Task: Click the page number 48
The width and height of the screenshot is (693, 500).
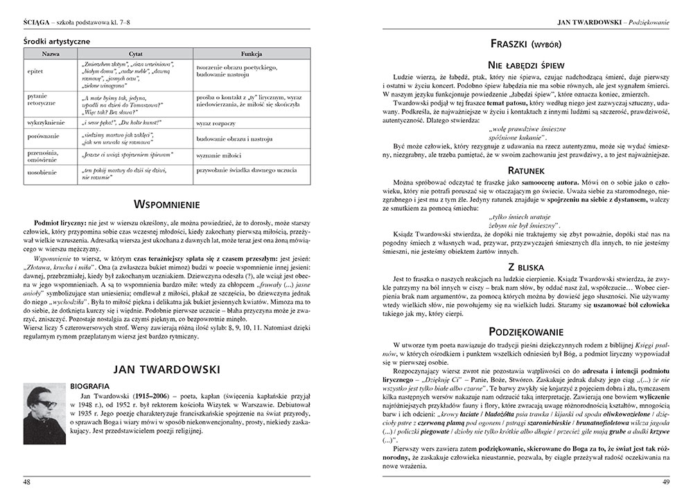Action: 27,482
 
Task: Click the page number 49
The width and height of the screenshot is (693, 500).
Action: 666,482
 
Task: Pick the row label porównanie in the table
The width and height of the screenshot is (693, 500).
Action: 42,137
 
